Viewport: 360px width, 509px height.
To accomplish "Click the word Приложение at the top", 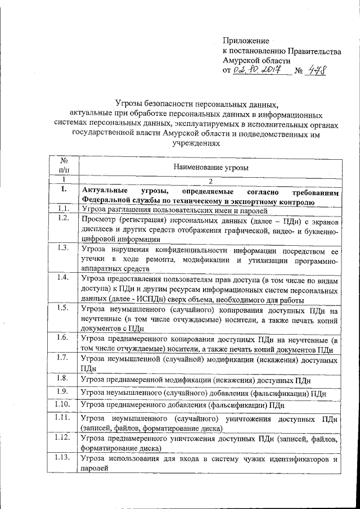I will point(246,41).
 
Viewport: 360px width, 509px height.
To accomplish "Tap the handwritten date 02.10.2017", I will point(260,71).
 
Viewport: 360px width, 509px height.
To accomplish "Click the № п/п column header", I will point(64,165).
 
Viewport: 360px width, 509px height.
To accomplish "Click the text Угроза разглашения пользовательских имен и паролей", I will point(190,210).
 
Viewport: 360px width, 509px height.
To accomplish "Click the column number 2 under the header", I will point(210,181).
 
